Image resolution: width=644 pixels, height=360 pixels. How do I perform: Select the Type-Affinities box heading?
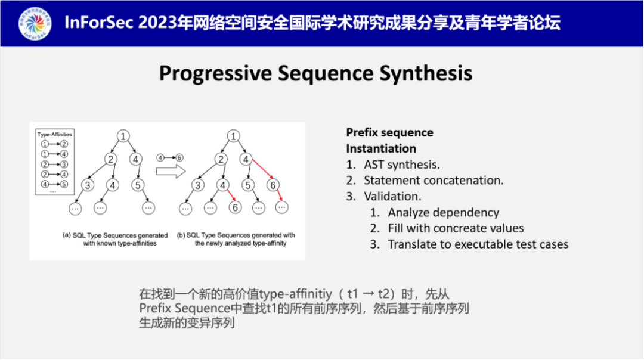[55, 135]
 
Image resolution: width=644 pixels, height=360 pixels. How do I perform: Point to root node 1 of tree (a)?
[122, 136]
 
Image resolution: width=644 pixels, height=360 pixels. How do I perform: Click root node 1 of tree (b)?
[233, 136]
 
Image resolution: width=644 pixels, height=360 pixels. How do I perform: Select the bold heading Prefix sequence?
[389, 132]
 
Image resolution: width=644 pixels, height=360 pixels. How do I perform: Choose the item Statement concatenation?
[434, 180]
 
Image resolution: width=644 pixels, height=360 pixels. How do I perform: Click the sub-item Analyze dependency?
[443, 212]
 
